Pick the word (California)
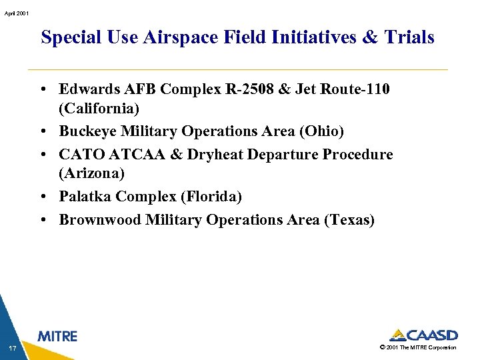(99, 108)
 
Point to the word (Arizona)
(92, 173)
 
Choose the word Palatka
(85, 197)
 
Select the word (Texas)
(349, 220)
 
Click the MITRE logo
(57, 336)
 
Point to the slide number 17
(13, 347)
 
